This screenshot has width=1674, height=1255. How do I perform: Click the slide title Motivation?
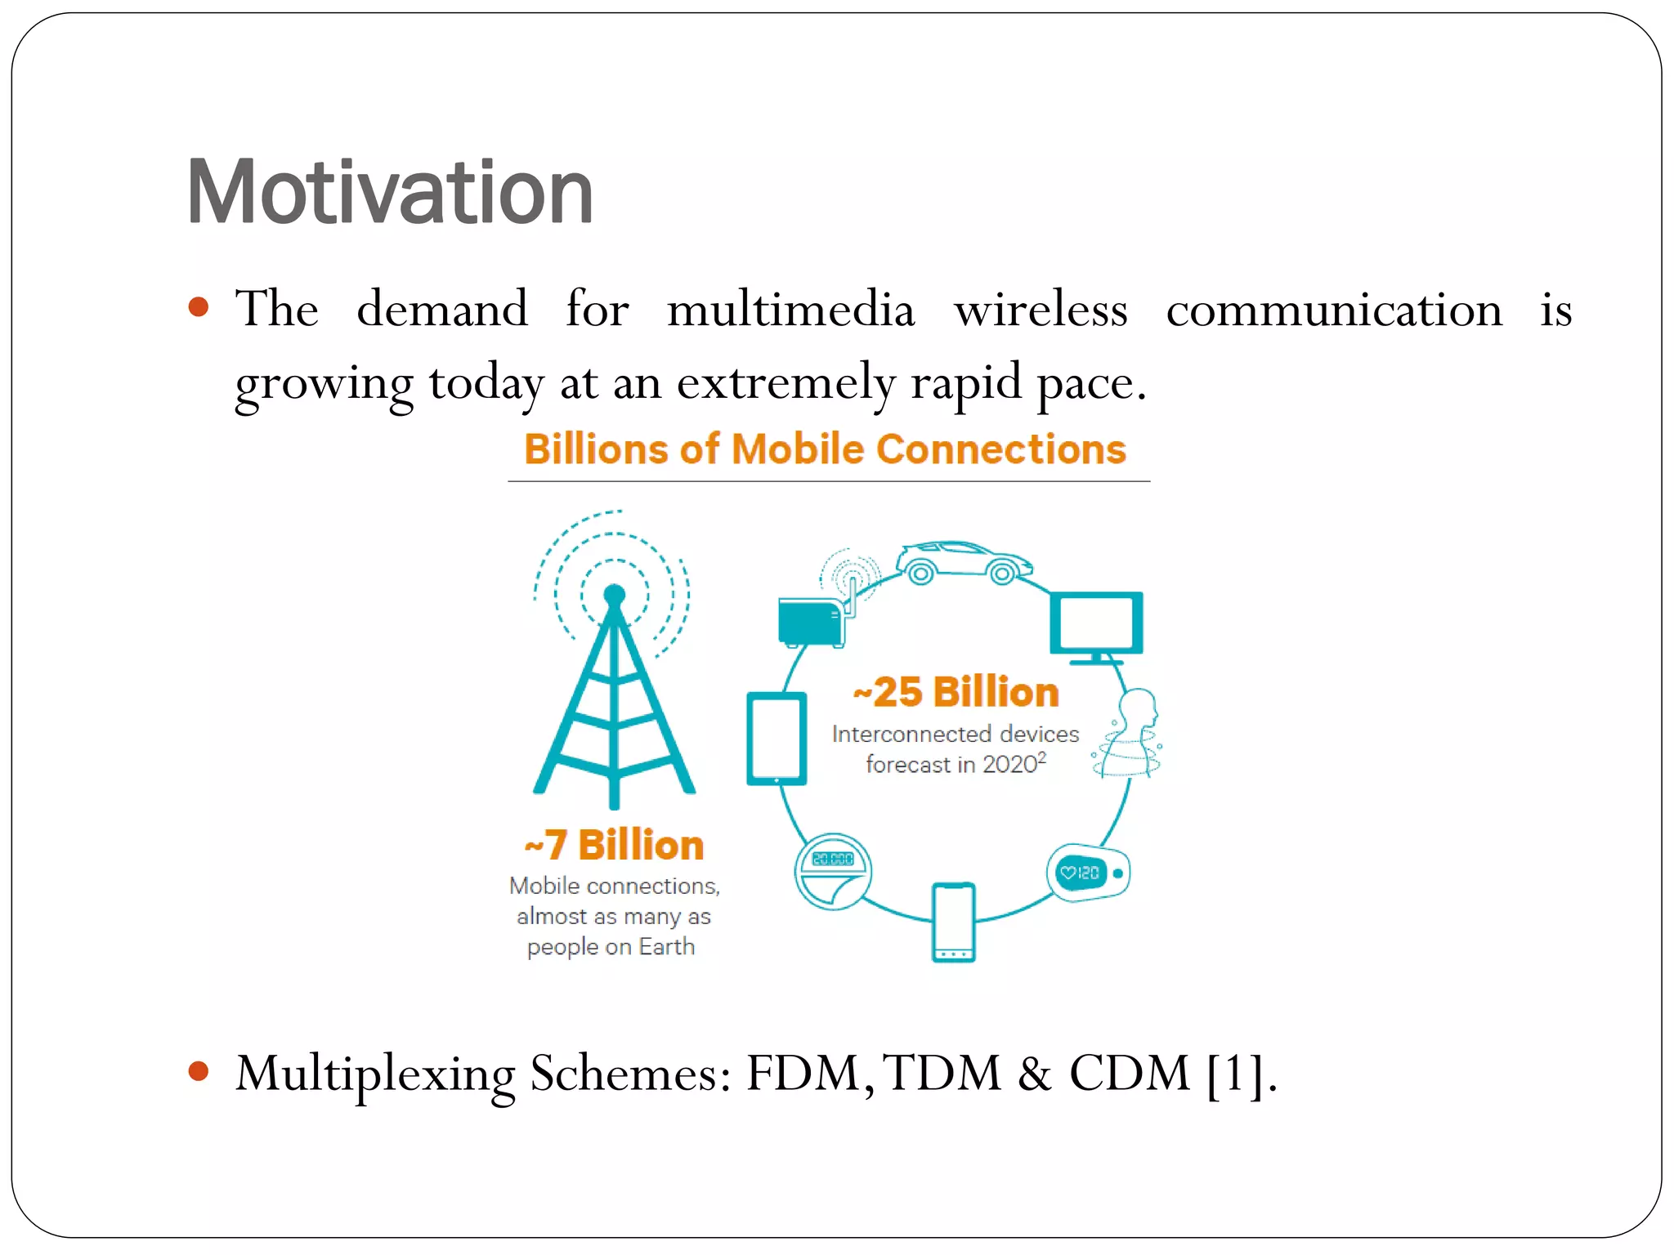(x=390, y=193)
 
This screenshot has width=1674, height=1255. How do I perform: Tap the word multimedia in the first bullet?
(x=790, y=310)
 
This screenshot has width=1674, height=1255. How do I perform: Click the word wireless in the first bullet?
(x=1041, y=310)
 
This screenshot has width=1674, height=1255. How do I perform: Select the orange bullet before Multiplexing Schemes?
(x=199, y=1071)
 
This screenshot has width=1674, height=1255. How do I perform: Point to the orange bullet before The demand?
(x=199, y=307)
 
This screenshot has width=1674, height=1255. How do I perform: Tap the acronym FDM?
(x=804, y=1073)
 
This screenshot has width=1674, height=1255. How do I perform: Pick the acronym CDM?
(x=1130, y=1073)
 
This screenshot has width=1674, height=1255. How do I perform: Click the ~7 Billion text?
(x=614, y=845)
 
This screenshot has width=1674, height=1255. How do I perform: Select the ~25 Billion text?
(x=956, y=692)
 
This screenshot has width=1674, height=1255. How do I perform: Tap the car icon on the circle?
(x=963, y=563)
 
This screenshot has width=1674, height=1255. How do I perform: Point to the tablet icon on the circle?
(x=777, y=739)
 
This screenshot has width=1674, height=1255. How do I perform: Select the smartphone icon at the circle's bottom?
(x=954, y=921)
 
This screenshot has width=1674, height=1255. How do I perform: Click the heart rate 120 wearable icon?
(x=1088, y=873)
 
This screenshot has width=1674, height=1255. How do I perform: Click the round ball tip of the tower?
(x=615, y=595)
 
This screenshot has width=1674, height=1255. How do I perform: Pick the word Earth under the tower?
(x=666, y=947)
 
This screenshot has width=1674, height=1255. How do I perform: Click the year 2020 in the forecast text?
(x=1009, y=765)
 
